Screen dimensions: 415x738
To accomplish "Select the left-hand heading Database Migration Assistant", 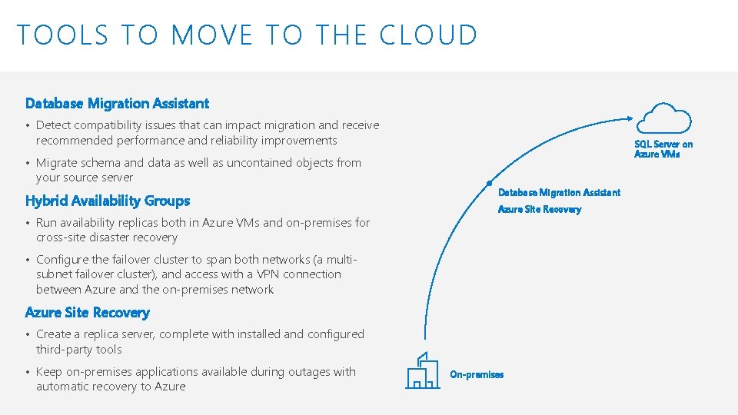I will click(x=117, y=103).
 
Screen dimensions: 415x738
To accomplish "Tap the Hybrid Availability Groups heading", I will click(x=108, y=201).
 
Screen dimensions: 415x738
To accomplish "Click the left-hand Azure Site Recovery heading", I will click(x=88, y=313).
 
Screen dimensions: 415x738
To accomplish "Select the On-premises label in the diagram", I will click(x=477, y=375).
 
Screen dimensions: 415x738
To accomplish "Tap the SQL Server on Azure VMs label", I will click(x=663, y=149).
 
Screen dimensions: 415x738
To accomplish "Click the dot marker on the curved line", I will click(x=490, y=184).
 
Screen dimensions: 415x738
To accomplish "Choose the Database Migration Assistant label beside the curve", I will click(x=559, y=192).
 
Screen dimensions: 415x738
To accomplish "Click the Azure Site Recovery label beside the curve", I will click(x=540, y=209).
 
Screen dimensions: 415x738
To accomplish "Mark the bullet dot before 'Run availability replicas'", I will click(x=28, y=224).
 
